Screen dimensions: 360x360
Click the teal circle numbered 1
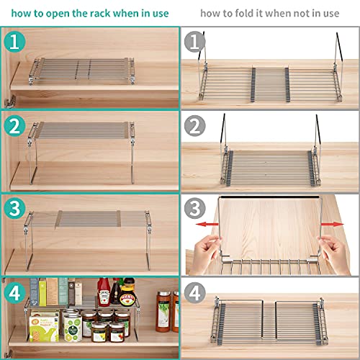click(14, 42)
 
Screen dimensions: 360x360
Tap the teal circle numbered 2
click(14, 126)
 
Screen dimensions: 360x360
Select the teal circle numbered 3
click(14, 208)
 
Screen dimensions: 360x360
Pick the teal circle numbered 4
click(14, 293)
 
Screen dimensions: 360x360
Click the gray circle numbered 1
click(194, 42)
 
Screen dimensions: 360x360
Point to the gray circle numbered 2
click(194, 126)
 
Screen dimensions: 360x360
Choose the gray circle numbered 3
click(194, 208)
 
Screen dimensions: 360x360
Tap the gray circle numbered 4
click(194, 293)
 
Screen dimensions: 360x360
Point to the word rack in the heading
click(99, 13)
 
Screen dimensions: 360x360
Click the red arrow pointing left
click(207, 225)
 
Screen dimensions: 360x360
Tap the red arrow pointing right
click(333, 225)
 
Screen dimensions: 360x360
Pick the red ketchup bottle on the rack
click(104, 292)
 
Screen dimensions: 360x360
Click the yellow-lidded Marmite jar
click(127, 292)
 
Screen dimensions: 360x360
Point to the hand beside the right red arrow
click(335, 254)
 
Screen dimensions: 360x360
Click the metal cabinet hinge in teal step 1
click(10, 102)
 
